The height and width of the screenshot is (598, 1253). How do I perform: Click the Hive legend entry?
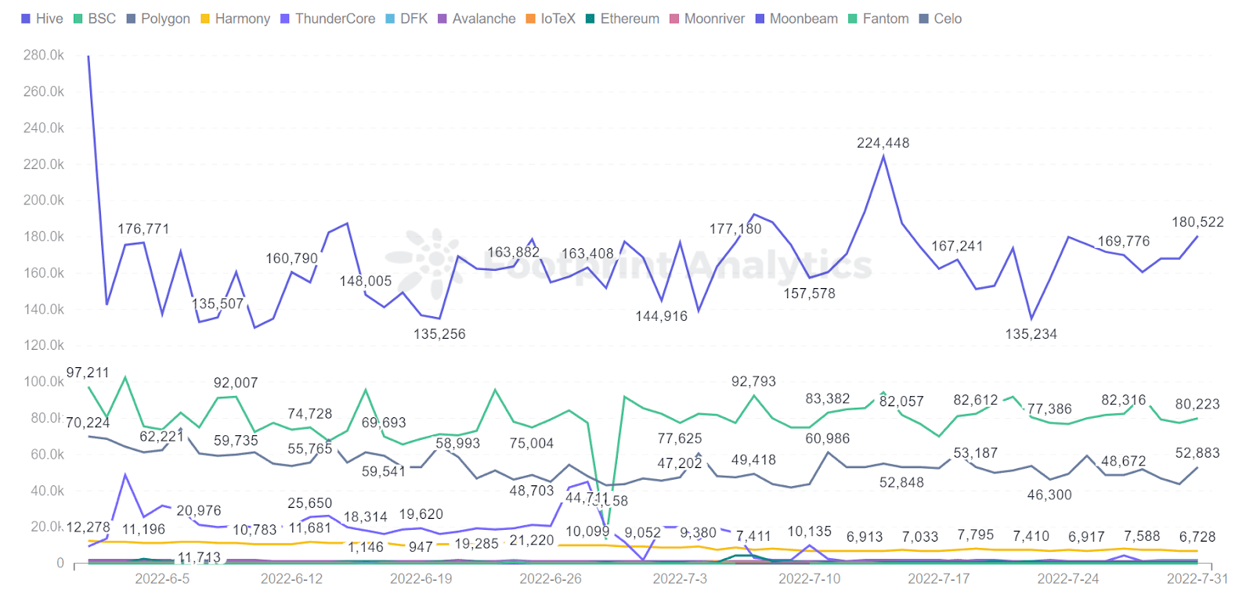(x=42, y=19)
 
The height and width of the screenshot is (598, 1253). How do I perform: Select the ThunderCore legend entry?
(x=328, y=19)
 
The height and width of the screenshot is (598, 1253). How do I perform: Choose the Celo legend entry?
(x=941, y=19)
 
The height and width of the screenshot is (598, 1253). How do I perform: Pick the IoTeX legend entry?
(x=551, y=19)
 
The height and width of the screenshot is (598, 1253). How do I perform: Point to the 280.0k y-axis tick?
(x=44, y=56)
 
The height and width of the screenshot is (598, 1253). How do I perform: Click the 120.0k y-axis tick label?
(x=44, y=345)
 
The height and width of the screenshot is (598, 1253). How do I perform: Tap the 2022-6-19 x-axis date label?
(x=421, y=578)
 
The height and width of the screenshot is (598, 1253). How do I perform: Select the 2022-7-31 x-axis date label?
(x=1197, y=578)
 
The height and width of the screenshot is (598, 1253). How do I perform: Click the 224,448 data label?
(x=883, y=143)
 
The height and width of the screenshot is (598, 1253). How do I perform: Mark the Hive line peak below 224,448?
(x=883, y=157)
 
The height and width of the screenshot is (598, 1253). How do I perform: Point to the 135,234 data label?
(x=1031, y=334)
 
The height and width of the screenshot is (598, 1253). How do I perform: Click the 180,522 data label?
(x=1197, y=222)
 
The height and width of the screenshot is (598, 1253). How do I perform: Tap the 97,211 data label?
(x=88, y=373)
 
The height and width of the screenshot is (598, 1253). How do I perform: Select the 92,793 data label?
(x=753, y=382)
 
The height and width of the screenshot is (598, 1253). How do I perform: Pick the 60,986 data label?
(x=827, y=438)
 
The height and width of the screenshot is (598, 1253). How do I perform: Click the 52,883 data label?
(x=1197, y=453)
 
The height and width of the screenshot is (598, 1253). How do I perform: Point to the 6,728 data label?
(x=1197, y=537)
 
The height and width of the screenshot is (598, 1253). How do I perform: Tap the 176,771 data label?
(x=143, y=229)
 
